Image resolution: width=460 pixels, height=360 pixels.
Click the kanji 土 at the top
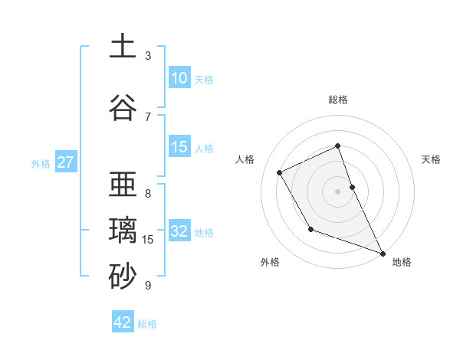pos(123,47)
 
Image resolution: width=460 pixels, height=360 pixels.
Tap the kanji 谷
pos(123,109)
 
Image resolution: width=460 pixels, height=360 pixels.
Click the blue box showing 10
pos(179,78)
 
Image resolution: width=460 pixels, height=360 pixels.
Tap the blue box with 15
pos(179,147)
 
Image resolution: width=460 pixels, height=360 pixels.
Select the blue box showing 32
pos(179,231)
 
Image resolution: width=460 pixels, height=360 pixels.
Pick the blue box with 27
pos(65,162)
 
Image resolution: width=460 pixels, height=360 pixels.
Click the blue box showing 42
pos(123,322)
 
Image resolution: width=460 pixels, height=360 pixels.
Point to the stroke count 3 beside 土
pos(148,56)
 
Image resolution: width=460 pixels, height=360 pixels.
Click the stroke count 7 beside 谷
pos(148,117)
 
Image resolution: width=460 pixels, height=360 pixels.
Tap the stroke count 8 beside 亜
pos(148,194)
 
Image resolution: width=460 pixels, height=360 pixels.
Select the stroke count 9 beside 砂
pos(148,286)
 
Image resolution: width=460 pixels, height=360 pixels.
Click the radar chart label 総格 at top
pos(338,100)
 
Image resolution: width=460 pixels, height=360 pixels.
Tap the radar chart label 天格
pos(432,159)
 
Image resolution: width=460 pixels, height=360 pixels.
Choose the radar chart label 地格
pos(402,262)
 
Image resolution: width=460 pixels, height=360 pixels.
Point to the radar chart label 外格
pos(270,262)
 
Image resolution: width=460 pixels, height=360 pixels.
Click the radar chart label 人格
pos(245,159)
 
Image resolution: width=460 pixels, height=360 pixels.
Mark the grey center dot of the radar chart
pos(338,191)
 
